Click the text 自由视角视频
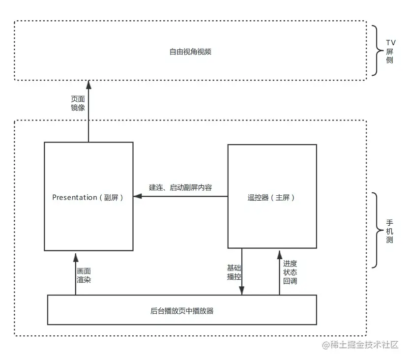tap(190, 51)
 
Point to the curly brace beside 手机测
tap(376, 230)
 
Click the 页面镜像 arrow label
tap(78, 103)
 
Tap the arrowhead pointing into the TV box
tap(89, 84)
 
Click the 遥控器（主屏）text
tap(271, 198)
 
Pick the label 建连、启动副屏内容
tap(180, 187)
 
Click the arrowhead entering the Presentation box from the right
tap(137, 197)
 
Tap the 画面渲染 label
tap(84, 275)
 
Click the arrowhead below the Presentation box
tap(76, 256)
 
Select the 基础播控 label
tap(234, 272)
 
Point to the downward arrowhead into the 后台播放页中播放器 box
tap(241, 291)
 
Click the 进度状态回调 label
tap(290, 272)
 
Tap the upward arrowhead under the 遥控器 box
tap(279, 252)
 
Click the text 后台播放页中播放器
tap(181, 310)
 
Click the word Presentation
tap(75, 198)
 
